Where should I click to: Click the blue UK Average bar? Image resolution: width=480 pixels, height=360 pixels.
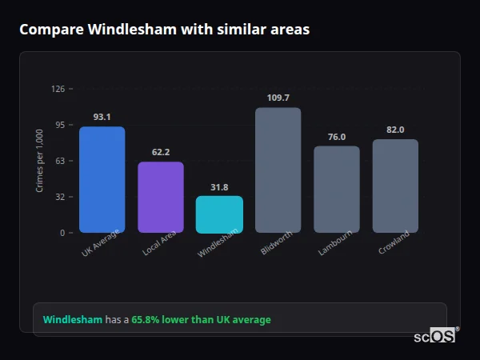tap(102, 179)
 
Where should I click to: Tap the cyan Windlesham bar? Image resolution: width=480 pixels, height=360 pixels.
tap(219, 214)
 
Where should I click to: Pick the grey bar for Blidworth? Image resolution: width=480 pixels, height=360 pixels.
tap(278, 170)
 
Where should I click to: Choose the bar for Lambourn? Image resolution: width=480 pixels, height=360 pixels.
tap(336, 189)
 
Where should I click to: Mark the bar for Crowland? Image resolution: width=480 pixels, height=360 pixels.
tap(395, 186)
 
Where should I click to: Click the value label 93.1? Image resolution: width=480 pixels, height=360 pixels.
tap(102, 117)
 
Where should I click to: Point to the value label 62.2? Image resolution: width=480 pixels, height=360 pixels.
tap(160, 152)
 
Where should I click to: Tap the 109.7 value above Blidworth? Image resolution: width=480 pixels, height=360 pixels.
tap(278, 98)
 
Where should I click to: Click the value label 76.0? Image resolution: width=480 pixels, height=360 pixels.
tap(336, 137)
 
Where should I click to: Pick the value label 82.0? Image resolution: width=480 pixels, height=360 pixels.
tap(395, 130)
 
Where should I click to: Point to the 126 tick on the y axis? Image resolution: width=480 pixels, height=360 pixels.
tap(58, 89)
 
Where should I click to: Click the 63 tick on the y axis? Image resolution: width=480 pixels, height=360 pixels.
tap(60, 161)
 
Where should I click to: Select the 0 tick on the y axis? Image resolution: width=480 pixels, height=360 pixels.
tap(62, 233)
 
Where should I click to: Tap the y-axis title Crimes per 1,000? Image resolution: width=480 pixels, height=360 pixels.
tap(40, 160)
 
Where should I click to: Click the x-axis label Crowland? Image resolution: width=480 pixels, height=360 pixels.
tap(394, 242)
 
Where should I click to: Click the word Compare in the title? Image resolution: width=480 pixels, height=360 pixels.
tap(50, 30)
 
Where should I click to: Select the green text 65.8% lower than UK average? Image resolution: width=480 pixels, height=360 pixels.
tap(201, 320)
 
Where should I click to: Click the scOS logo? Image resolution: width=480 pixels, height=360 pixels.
tap(435, 336)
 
